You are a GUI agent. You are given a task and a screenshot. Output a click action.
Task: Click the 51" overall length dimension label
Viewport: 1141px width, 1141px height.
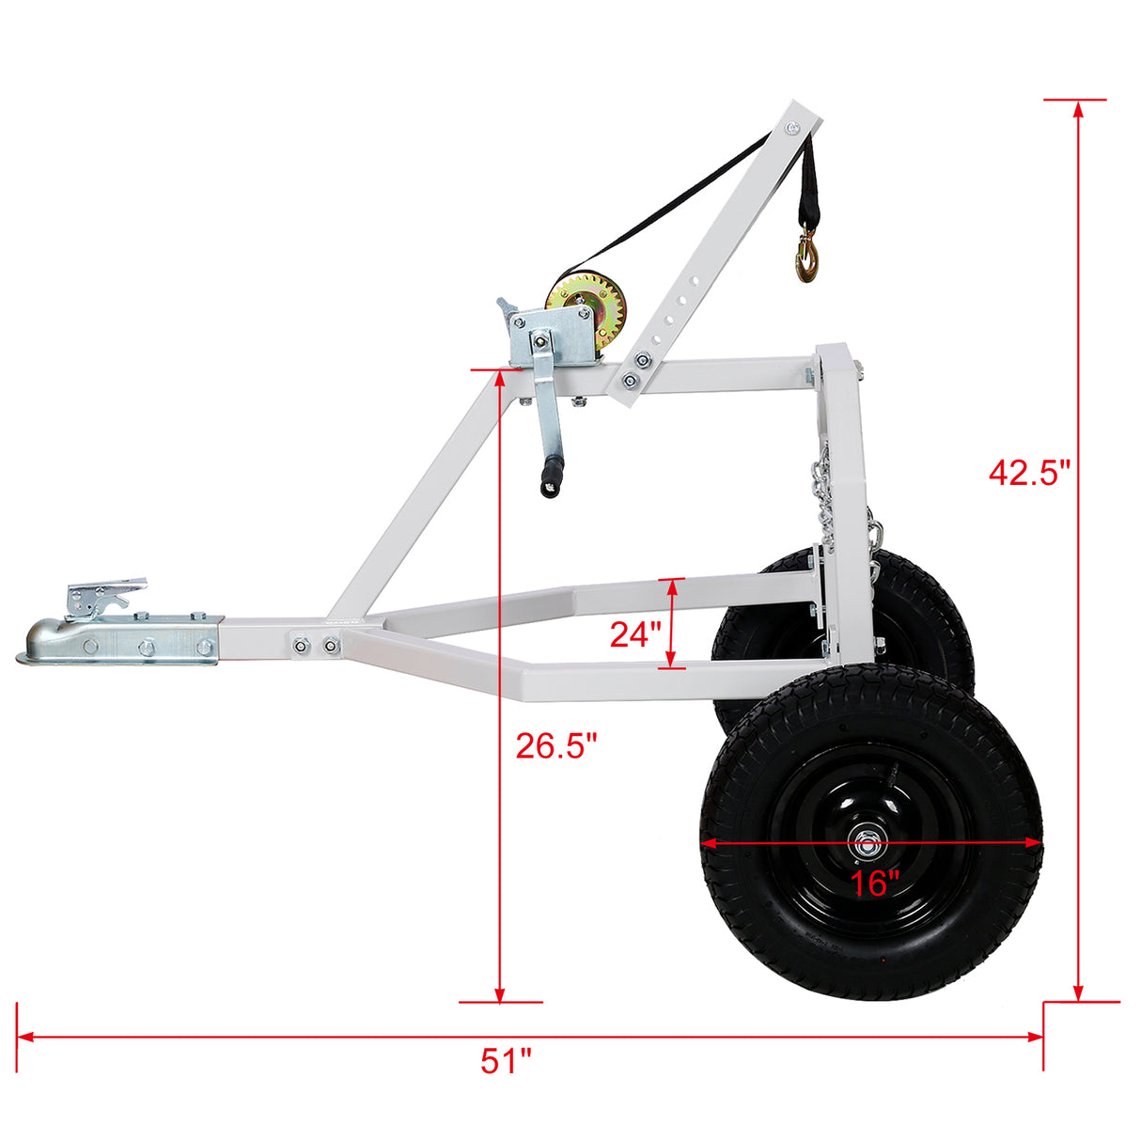tap(506, 1062)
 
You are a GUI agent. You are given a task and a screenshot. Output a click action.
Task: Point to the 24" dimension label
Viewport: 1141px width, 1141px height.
tap(636, 634)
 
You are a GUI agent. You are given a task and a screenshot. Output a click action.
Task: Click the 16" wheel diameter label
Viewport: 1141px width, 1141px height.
tap(875, 883)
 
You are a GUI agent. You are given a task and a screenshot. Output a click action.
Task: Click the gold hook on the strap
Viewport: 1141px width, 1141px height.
tap(807, 259)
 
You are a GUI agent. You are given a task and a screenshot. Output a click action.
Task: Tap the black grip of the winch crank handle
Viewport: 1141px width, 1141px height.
tap(550, 475)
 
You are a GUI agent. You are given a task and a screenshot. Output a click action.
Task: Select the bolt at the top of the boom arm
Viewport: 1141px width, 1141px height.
tap(794, 128)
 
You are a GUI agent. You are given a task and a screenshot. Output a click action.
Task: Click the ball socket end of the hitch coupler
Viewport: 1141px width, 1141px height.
tap(42, 644)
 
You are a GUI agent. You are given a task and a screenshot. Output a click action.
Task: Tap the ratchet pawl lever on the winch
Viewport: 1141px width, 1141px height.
tap(508, 308)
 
